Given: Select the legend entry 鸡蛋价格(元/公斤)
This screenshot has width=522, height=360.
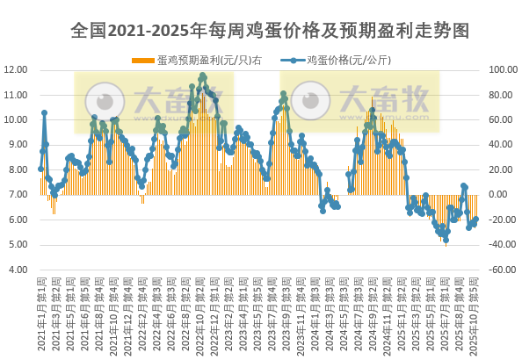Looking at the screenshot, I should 343,61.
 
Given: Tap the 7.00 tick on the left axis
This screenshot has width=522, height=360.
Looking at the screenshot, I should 18,194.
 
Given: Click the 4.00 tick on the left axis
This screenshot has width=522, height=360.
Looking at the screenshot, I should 18,270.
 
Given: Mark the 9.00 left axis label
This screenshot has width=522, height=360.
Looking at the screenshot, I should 18,144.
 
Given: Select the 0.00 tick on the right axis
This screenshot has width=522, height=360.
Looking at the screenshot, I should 497,194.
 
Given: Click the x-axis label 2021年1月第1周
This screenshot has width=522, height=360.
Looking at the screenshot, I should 41,316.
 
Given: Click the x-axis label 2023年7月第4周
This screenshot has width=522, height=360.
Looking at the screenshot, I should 272,316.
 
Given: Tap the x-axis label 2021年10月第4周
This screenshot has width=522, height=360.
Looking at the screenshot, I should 114,316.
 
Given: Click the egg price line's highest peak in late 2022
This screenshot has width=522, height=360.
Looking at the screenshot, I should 203,76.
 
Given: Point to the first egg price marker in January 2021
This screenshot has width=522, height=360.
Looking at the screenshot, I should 40,169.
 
